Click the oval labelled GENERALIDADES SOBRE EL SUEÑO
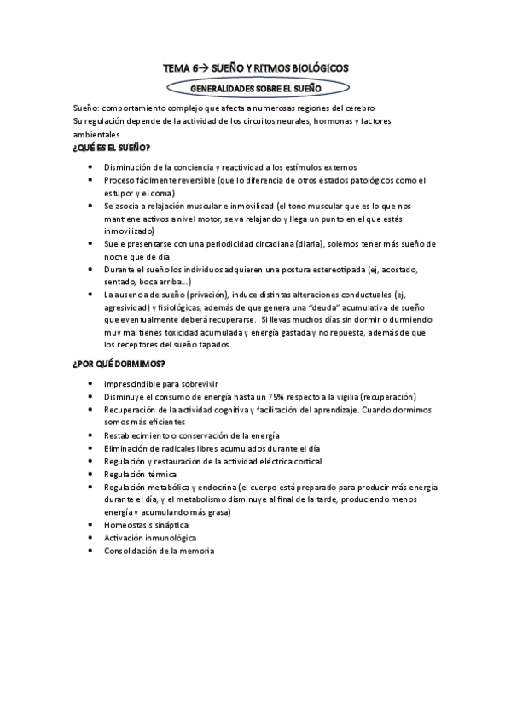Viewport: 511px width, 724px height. click(256, 87)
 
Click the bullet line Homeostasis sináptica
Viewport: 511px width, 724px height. click(146, 525)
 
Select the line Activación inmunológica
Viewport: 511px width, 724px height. click(150, 538)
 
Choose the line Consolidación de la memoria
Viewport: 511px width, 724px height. click(160, 551)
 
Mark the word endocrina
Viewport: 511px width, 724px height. click(214, 487)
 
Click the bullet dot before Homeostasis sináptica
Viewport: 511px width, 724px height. click(91, 525)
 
